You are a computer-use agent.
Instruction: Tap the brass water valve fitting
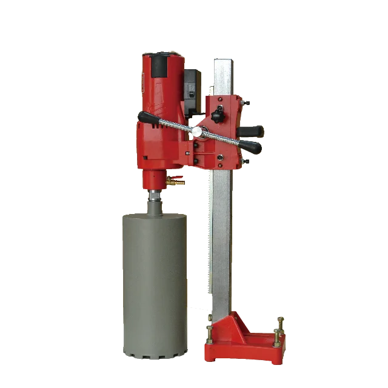(x=176, y=179)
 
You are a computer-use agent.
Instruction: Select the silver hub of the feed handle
(x=198, y=132)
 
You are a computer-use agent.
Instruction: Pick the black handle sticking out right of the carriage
(x=253, y=131)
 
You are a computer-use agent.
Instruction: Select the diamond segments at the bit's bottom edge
(x=155, y=352)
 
